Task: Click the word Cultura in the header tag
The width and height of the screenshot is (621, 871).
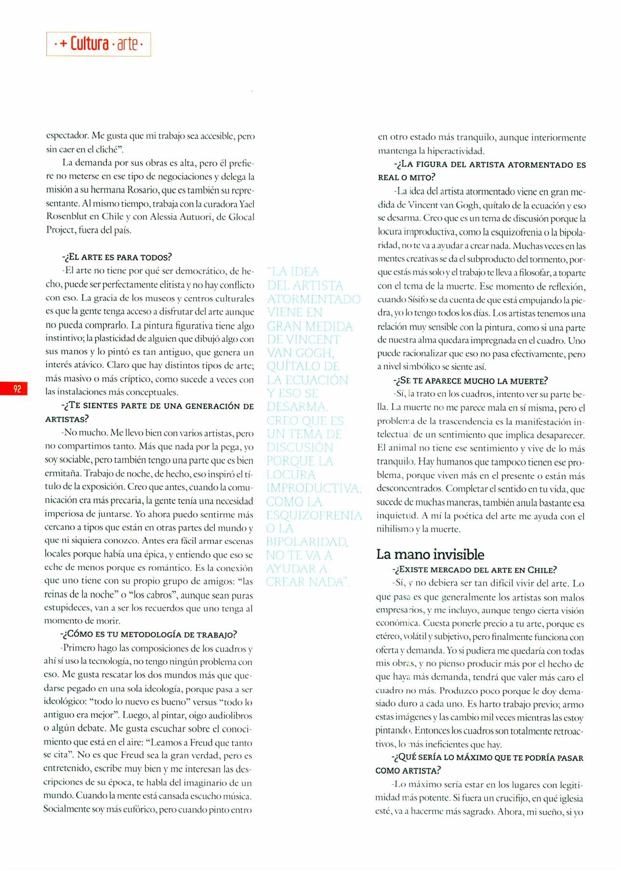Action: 89,44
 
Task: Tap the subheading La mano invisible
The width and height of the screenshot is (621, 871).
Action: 430,554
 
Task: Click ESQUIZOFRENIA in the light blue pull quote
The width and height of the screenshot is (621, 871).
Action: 314,516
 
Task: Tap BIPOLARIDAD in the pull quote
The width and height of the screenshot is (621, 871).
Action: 307,542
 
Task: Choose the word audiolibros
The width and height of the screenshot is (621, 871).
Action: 227,715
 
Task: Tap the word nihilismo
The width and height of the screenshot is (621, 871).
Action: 392,529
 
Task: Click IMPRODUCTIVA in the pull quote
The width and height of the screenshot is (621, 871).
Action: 313,488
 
